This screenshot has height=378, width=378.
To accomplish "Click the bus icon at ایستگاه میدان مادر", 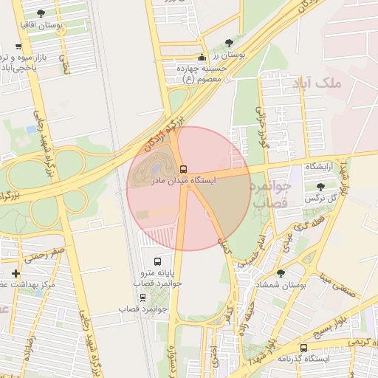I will [x=184, y=168].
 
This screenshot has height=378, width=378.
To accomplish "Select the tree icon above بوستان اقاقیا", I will [x=41, y=13].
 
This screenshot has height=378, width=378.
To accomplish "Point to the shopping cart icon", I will [x=18, y=46].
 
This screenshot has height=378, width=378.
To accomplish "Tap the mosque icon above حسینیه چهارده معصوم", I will [x=202, y=57].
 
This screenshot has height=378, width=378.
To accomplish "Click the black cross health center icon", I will [x=16, y=273].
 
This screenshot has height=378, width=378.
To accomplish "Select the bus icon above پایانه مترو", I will [x=157, y=261].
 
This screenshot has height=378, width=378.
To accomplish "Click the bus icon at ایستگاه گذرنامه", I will [x=303, y=348].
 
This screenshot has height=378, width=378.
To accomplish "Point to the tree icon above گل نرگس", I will [x=320, y=188].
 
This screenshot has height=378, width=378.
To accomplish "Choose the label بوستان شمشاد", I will [x=280, y=285].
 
